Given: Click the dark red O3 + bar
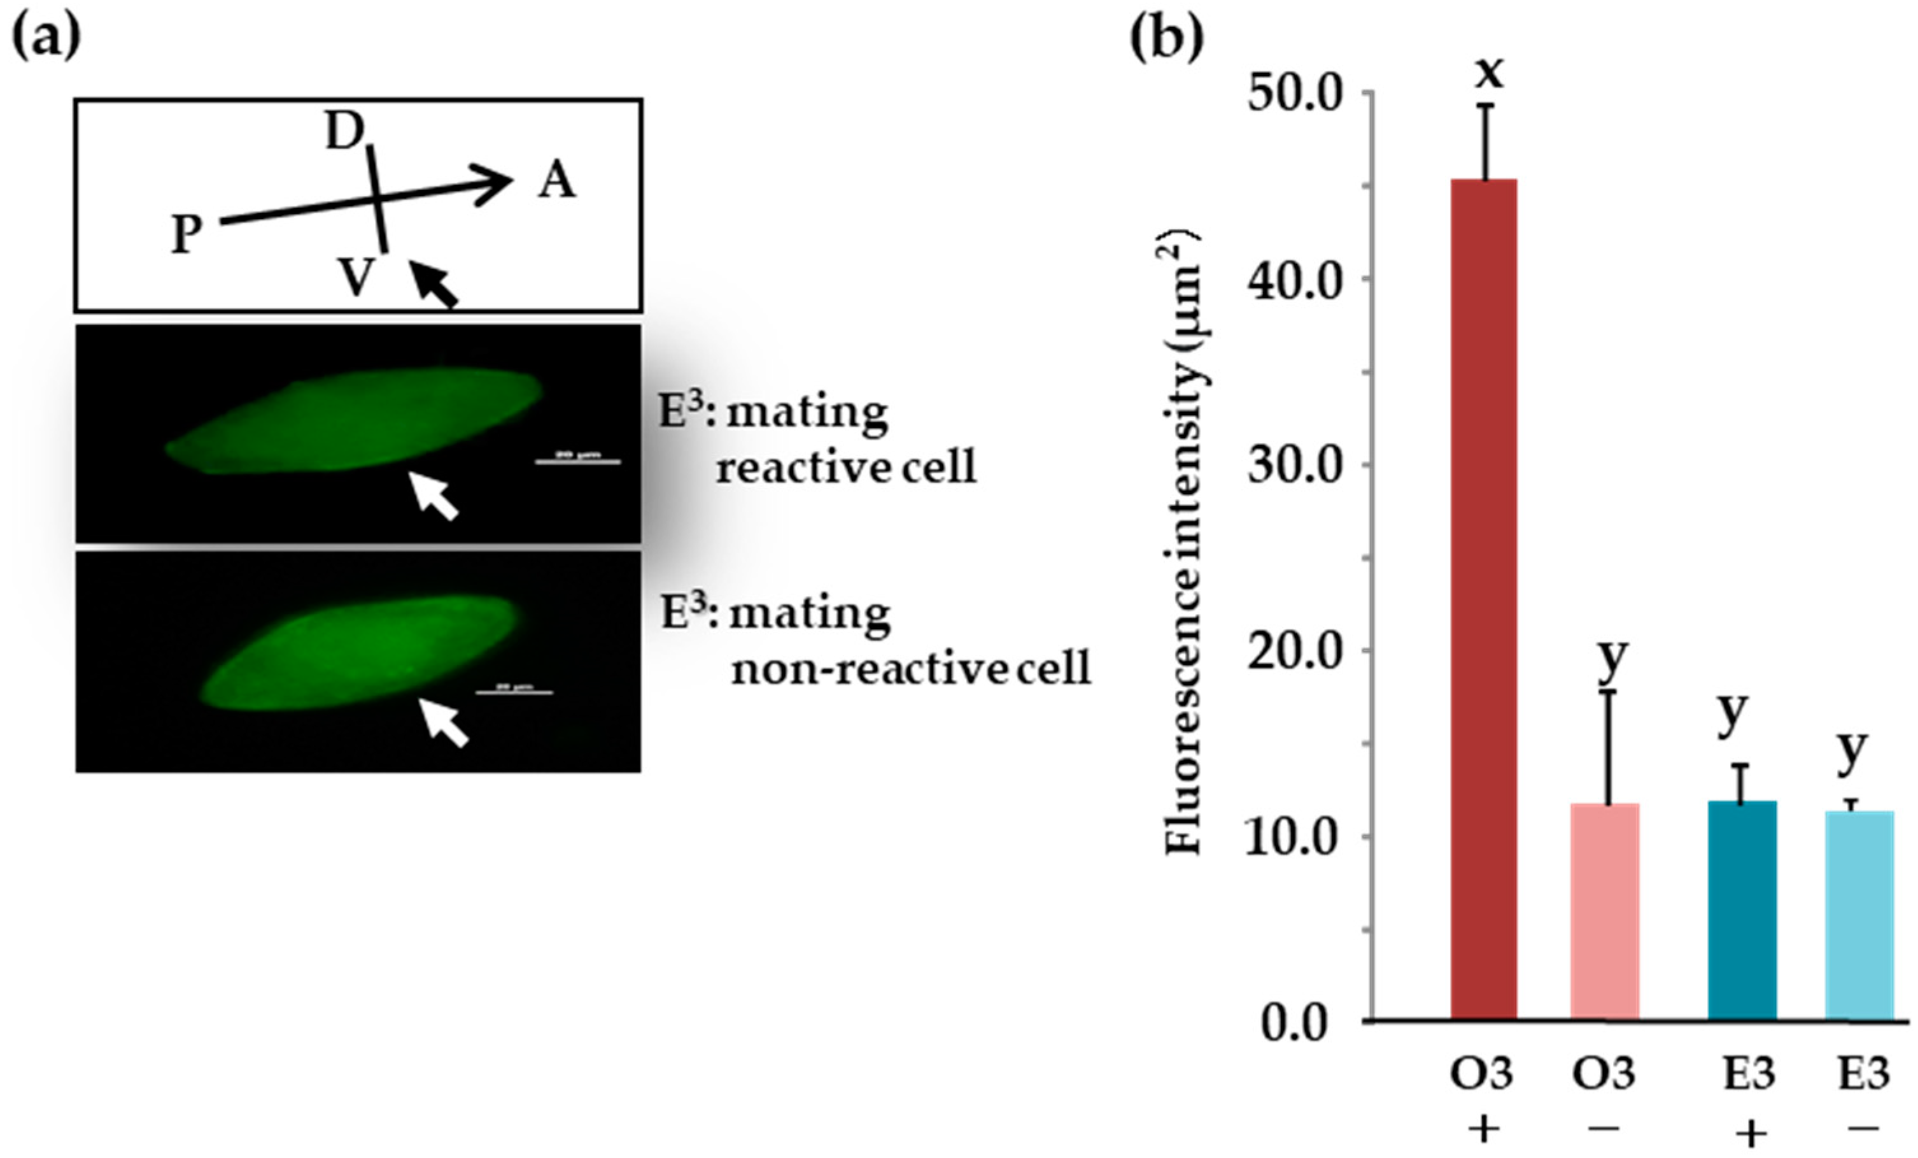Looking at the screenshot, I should pos(1484,599).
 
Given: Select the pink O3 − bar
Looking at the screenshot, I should pos(1604,911).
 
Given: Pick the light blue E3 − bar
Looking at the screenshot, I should pos(1859,915).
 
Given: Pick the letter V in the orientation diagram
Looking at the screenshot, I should pos(356,276).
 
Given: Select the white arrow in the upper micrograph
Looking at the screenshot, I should pos(433,496).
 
